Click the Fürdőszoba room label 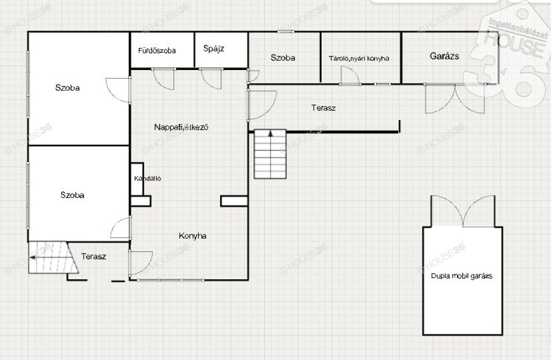click(x=157, y=51)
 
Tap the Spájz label click(x=214, y=48)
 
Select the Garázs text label click(x=444, y=55)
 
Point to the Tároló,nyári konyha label click(x=359, y=58)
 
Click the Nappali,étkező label click(x=181, y=127)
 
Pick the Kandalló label click(x=147, y=178)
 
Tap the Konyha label click(x=192, y=236)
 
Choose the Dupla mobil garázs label click(x=461, y=276)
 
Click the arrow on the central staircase click(x=271, y=133)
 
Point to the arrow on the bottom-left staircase click(x=33, y=258)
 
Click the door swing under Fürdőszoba click(x=164, y=80)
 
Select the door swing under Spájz click(x=211, y=79)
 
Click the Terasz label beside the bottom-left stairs click(x=94, y=256)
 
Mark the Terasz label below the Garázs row click(x=323, y=108)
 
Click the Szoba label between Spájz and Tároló click(x=282, y=58)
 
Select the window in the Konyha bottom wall click(x=171, y=280)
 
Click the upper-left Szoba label click(x=67, y=88)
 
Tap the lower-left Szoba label click(x=72, y=195)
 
